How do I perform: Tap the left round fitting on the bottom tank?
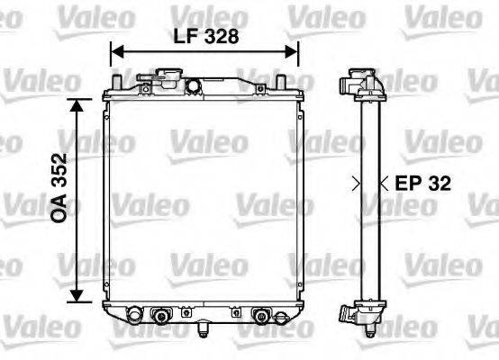(x=162, y=316)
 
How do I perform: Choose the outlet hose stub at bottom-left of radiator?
(x=132, y=315)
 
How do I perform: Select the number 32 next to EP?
(x=438, y=184)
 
